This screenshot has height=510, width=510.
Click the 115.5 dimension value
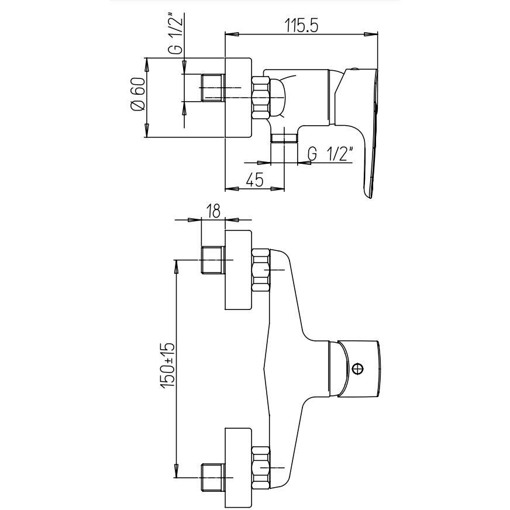tap(301, 25)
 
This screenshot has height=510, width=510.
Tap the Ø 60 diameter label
tap(137, 95)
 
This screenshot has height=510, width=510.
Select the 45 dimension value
tap(254, 180)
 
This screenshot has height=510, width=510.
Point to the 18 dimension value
tap(213, 211)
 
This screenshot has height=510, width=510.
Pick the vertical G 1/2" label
tap(175, 33)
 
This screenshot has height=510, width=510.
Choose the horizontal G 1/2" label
tap(330, 154)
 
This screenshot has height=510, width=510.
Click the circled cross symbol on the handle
tap(358, 370)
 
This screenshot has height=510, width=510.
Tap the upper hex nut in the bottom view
tap(261, 270)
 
